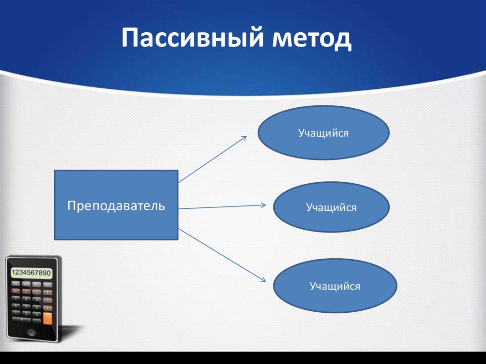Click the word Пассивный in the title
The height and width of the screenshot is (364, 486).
pyautogui.click(x=192, y=39)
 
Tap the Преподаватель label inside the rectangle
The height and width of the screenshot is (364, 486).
pyautogui.click(x=116, y=205)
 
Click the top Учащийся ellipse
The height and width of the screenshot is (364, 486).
pyautogui.click(x=323, y=133)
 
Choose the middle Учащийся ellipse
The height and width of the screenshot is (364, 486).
pyautogui.click(x=331, y=207)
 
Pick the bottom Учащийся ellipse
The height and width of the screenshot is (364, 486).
pyautogui.click(x=335, y=286)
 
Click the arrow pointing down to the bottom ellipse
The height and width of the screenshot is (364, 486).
pyautogui.click(x=221, y=256)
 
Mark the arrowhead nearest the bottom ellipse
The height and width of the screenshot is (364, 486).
pyautogui.click(x=262, y=280)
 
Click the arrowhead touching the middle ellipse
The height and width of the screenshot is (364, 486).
pyautogui.click(x=262, y=205)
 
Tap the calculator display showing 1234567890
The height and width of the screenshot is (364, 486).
pyautogui.click(x=31, y=273)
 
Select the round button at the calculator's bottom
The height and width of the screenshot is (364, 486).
pyautogui.click(x=32, y=332)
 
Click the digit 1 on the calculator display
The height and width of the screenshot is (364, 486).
pyautogui.click(x=13, y=273)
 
